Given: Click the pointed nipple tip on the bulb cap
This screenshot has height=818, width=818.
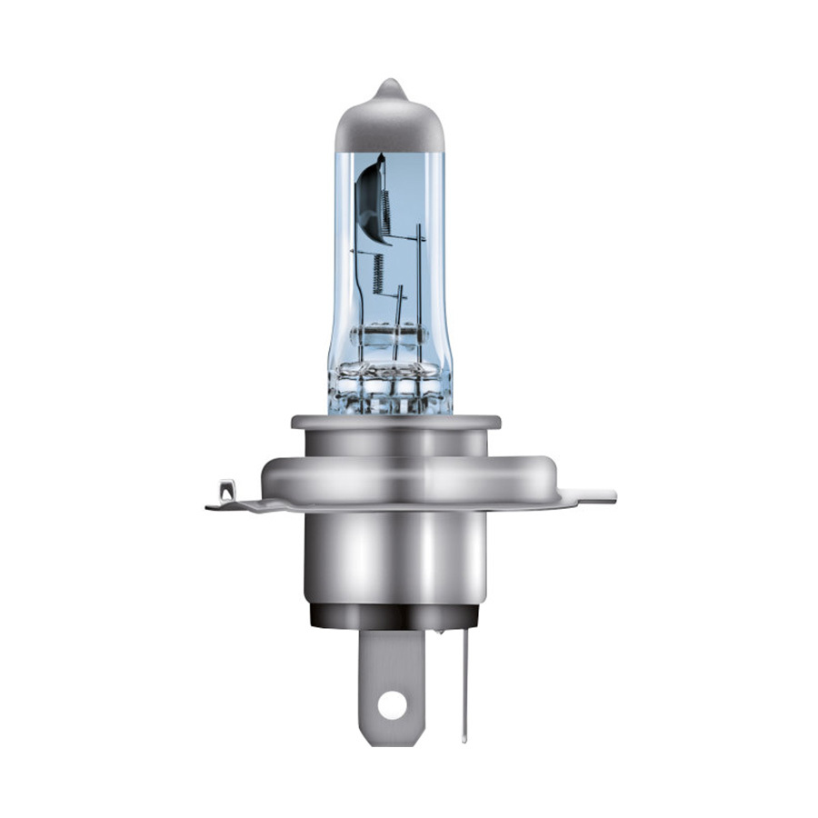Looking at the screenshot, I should (x=390, y=85).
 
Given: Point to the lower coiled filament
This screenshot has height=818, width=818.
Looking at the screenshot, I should (x=378, y=273).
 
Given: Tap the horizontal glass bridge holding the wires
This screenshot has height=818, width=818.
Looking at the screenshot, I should (x=389, y=334).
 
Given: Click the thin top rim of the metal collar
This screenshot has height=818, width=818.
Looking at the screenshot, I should (x=395, y=422).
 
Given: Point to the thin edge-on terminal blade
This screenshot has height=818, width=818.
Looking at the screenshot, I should (x=465, y=682).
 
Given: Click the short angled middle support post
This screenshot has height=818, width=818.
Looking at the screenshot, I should (x=398, y=309).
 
